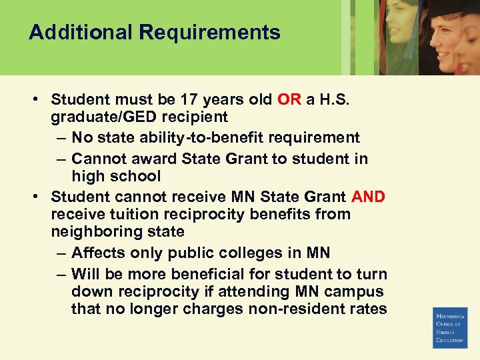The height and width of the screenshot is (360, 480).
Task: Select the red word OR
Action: [x=289, y=100]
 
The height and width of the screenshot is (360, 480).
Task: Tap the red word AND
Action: [x=368, y=197]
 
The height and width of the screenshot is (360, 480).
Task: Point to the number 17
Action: [x=190, y=100]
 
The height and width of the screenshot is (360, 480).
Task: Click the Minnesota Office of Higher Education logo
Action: [x=450, y=327]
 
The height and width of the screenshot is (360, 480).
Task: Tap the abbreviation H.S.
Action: [x=333, y=100]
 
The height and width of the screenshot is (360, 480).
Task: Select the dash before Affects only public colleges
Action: [x=61, y=253]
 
